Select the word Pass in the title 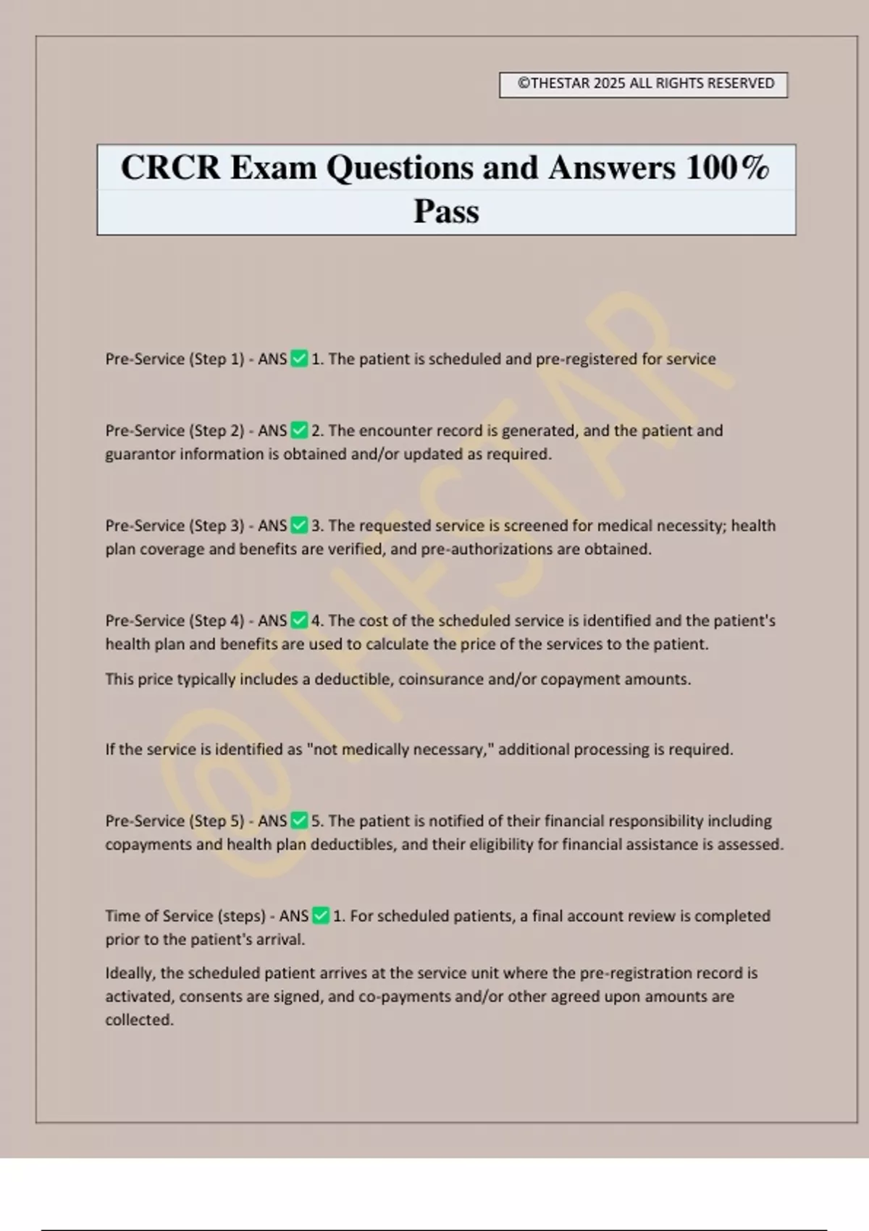coord(446,211)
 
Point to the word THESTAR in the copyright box coord(561,83)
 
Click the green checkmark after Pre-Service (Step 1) coord(299,359)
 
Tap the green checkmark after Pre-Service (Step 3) coord(299,526)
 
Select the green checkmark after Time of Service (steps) coord(321,916)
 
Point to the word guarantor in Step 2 coord(140,454)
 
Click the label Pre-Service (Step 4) coord(175,621)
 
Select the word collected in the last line coord(139,1020)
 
